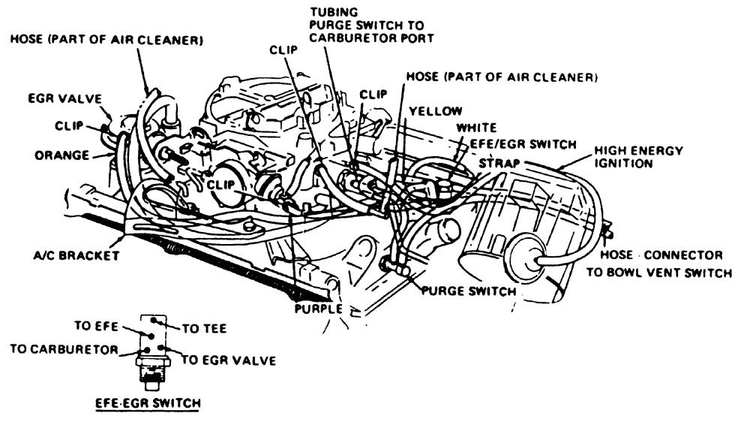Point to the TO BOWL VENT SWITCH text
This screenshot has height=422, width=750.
[x=658, y=273]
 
